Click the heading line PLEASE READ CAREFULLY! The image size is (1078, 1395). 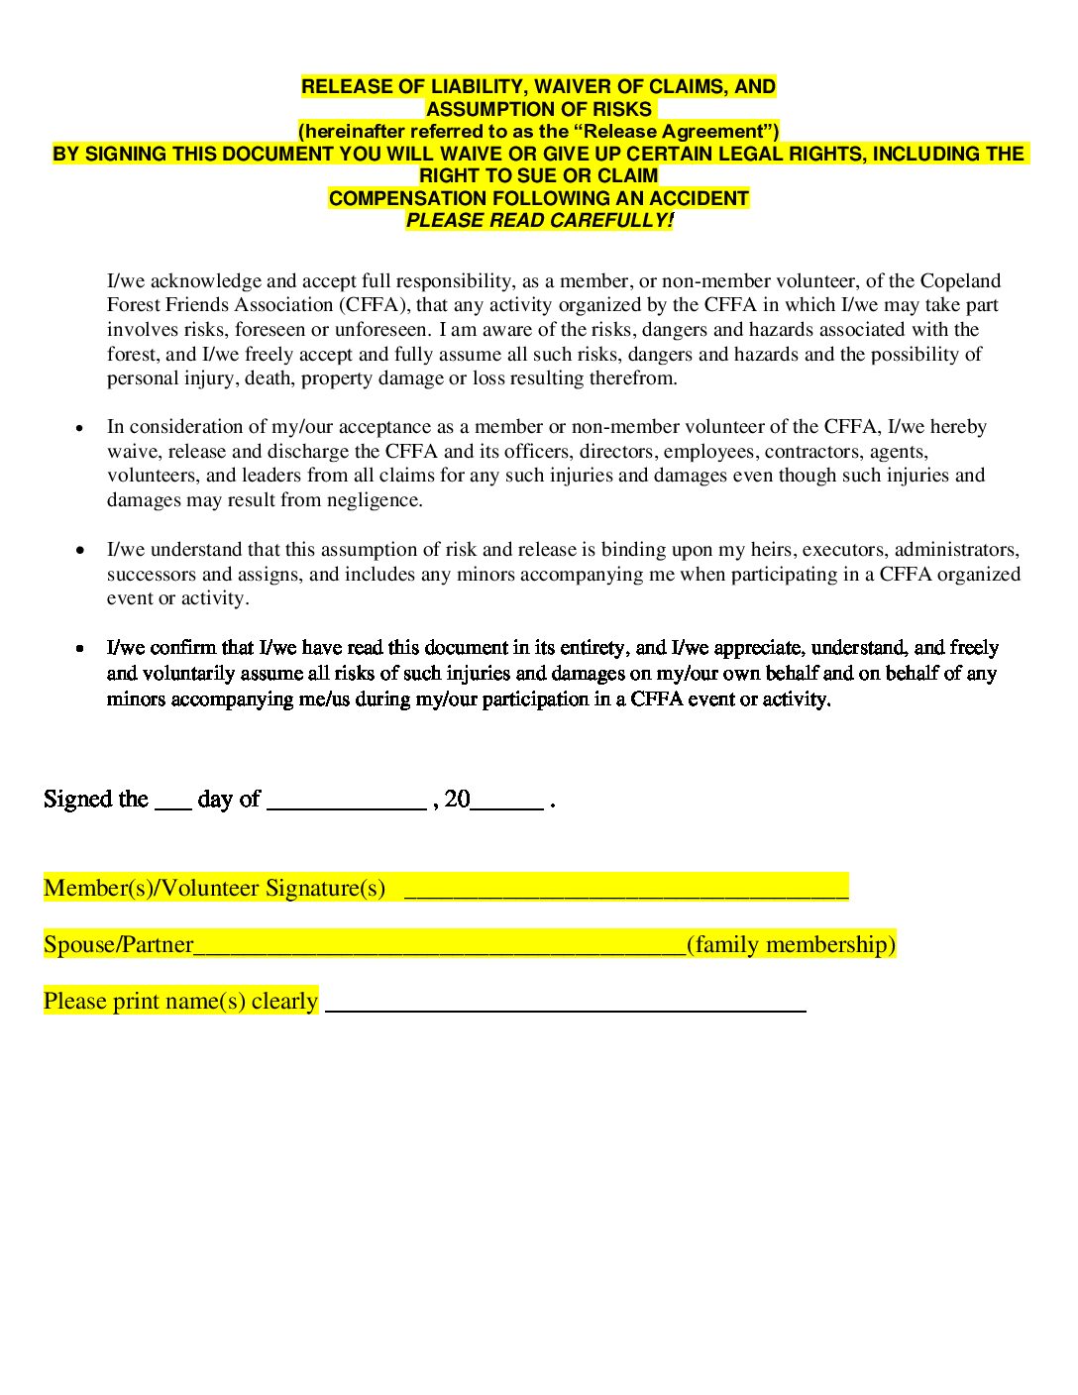point(539,220)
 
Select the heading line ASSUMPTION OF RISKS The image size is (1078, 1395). point(539,109)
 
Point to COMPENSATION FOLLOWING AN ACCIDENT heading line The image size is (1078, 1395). point(539,198)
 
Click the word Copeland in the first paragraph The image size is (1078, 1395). point(960,280)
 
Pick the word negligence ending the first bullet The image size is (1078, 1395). point(377,500)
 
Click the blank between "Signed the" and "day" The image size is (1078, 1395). point(172,805)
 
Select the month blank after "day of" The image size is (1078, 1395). point(346,805)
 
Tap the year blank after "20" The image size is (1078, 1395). point(506,805)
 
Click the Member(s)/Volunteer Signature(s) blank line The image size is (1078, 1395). point(626,892)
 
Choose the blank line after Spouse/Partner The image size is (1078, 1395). point(439,949)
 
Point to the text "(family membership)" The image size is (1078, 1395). point(791,944)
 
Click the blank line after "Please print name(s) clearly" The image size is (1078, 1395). point(565,1007)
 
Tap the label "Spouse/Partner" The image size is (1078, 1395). point(118,944)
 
